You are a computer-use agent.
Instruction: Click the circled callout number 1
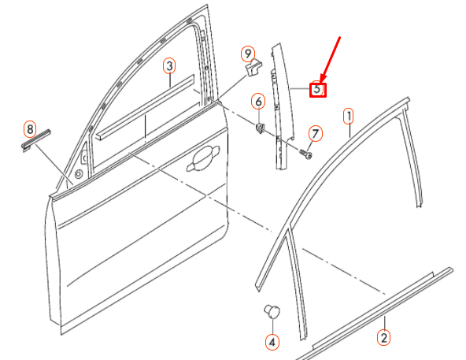(348, 117)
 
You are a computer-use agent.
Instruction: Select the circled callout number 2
(383, 339)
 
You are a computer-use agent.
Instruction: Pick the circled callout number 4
(272, 342)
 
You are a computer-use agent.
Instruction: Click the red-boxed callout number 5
(317, 89)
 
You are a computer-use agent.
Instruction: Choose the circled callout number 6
(257, 101)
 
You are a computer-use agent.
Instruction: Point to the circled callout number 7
(315, 133)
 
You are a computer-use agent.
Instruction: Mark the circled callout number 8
(30, 128)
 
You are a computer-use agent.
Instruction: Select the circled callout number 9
(249, 54)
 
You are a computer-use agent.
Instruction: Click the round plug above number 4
(272, 311)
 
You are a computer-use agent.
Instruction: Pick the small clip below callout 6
(259, 126)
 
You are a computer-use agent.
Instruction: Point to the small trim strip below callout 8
(35, 141)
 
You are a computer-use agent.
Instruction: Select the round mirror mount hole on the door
(80, 173)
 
